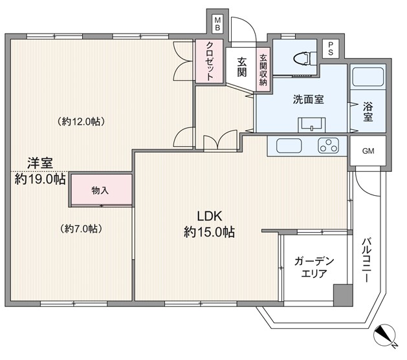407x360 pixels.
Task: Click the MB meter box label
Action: point(217,23)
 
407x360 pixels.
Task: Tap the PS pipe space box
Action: point(331,48)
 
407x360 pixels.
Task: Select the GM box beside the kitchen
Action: point(368,151)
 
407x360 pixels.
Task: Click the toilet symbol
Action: point(305,59)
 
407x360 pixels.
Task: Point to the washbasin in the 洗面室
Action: point(311,125)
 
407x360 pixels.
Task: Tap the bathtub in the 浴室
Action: point(368,77)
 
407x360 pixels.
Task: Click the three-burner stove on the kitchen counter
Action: point(328,145)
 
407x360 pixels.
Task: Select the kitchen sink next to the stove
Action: point(289,145)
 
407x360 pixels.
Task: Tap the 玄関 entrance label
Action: point(241,67)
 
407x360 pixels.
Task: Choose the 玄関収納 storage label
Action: point(263,70)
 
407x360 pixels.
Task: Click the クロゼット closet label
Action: point(210,61)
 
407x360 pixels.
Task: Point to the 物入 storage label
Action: point(100,191)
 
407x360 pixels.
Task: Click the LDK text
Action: point(210,216)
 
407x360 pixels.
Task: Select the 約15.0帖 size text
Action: point(209,232)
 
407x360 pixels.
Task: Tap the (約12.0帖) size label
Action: point(82,122)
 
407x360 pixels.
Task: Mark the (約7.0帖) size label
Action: point(81,229)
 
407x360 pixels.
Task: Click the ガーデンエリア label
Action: point(314,267)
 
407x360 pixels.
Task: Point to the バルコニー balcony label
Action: point(366,260)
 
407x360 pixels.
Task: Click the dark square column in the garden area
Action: point(343,295)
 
